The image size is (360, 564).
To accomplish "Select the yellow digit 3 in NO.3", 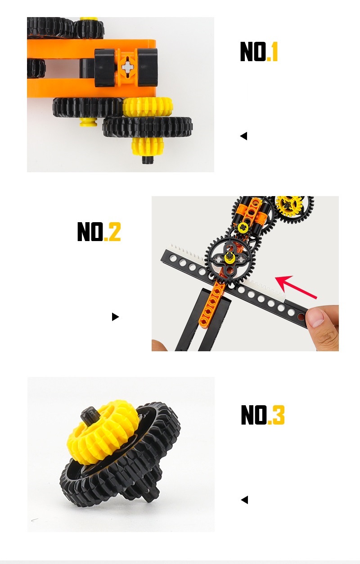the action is [278, 414].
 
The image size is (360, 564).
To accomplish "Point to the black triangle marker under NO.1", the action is [243, 136].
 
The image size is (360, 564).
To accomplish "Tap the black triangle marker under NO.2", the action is [115, 317].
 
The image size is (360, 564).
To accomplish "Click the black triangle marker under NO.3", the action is [244, 500].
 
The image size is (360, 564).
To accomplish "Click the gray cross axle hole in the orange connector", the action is [127, 67].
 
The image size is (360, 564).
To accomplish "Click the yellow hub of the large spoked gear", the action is [229, 256].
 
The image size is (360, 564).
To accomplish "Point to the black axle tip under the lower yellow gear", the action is [148, 160].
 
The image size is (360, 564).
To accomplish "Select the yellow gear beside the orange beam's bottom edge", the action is [148, 107].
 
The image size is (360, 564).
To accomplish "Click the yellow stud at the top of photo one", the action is [89, 18].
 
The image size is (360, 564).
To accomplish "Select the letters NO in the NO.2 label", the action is [90, 231].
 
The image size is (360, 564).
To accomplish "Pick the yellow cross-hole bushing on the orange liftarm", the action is [243, 227].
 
